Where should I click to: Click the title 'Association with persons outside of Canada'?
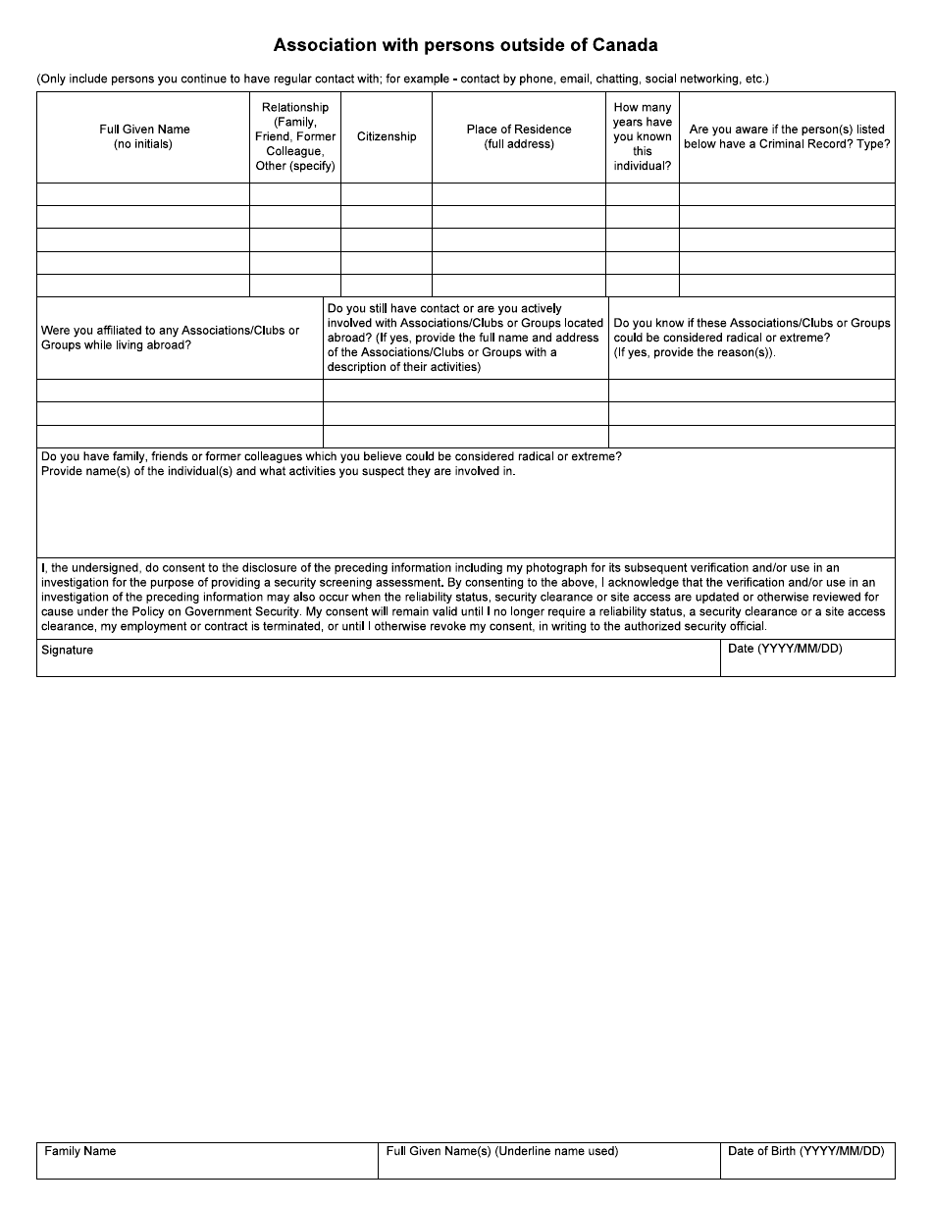(x=465, y=45)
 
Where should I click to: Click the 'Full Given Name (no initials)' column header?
(x=144, y=136)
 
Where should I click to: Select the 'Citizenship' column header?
(x=387, y=136)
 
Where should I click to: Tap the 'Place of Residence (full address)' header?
(x=518, y=136)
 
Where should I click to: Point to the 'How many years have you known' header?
(x=643, y=136)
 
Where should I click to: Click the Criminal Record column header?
(x=787, y=136)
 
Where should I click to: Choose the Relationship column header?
(x=295, y=136)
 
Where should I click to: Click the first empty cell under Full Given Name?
(x=143, y=194)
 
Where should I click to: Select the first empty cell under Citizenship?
(x=387, y=194)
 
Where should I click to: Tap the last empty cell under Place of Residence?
(x=518, y=286)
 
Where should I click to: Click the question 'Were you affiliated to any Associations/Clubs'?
(x=170, y=338)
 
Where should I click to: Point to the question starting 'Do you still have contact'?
(x=465, y=338)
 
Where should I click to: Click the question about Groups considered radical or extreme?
(x=751, y=338)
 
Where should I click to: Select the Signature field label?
(x=67, y=650)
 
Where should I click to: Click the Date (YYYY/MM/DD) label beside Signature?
(x=784, y=649)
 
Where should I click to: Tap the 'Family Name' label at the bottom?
(x=80, y=1151)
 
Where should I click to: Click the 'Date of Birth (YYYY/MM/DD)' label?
(x=806, y=1151)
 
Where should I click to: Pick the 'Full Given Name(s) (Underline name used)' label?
(x=501, y=1151)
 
